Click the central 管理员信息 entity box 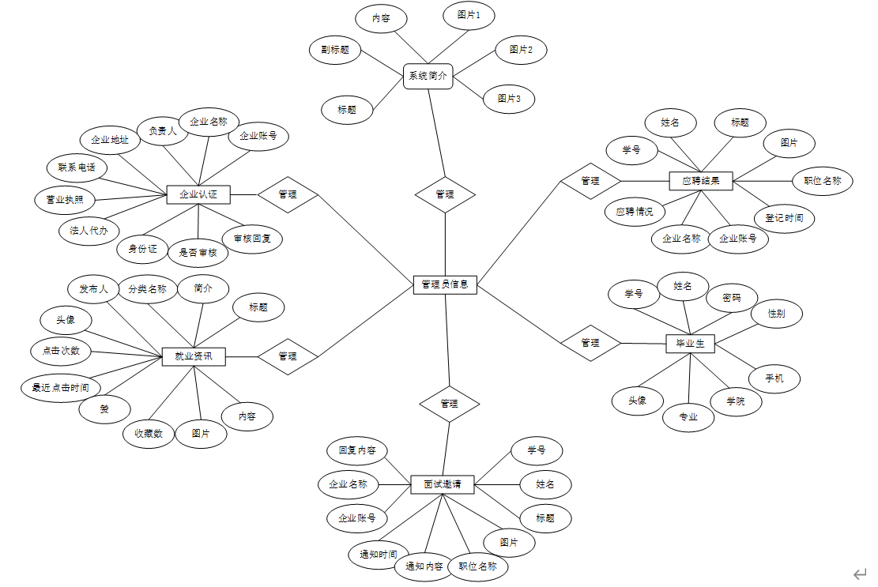(445, 285)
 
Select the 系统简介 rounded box (428, 77)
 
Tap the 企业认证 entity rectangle (198, 194)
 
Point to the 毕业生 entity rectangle (690, 344)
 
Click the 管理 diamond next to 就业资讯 (288, 356)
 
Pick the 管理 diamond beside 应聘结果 (590, 181)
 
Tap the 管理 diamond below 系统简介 (445, 194)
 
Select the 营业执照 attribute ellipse (59, 199)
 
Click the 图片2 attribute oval (521, 50)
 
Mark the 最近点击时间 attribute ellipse (55, 387)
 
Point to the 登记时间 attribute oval (783, 218)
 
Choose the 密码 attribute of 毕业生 (732, 299)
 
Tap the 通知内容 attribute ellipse (424, 566)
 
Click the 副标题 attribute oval (335, 51)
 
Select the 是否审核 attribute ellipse (198, 253)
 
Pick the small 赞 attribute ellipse (104, 408)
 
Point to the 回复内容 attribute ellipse (357, 451)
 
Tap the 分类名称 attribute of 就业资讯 (147, 289)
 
